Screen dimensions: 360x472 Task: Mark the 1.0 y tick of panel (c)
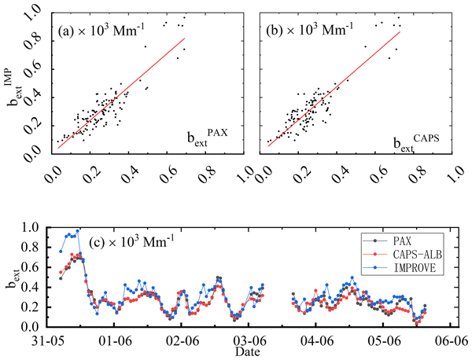[x=35, y=227]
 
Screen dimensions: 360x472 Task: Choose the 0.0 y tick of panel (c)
[x=35, y=326]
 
